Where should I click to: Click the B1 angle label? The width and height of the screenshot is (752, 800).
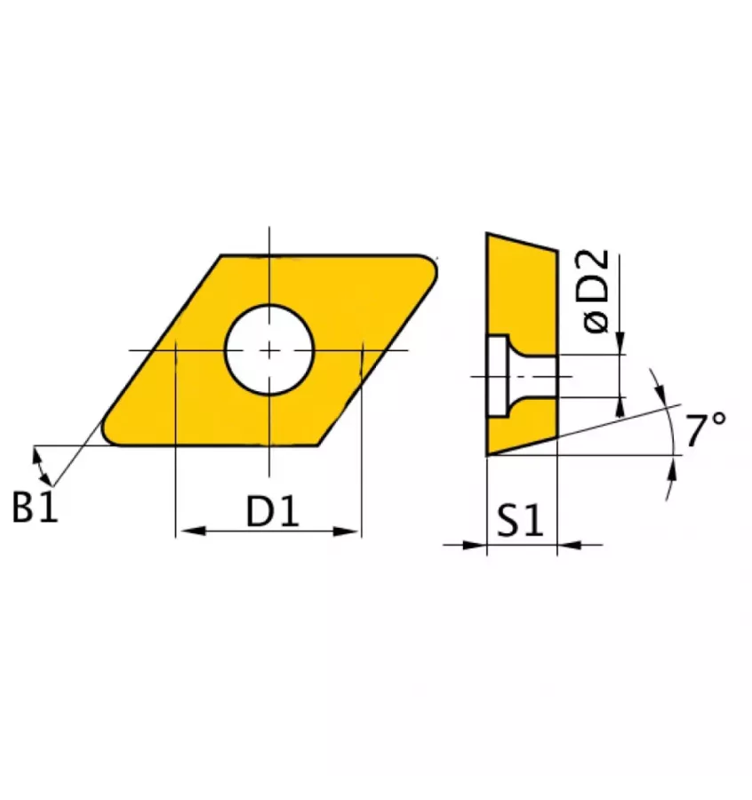(x=35, y=507)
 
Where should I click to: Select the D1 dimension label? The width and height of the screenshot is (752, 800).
(x=272, y=511)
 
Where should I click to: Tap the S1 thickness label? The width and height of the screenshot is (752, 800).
(x=520, y=520)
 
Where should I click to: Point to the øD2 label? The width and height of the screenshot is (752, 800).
(x=596, y=292)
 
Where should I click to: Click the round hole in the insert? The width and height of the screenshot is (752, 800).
(x=269, y=350)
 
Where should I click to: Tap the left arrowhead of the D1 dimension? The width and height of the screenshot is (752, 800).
(x=194, y=532)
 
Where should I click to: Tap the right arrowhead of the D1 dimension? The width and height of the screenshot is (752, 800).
(x=346, y=532)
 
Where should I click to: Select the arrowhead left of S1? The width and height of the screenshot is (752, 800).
(x=474, y=545)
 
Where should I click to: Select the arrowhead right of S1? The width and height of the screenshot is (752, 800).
(x=570, y=545)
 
